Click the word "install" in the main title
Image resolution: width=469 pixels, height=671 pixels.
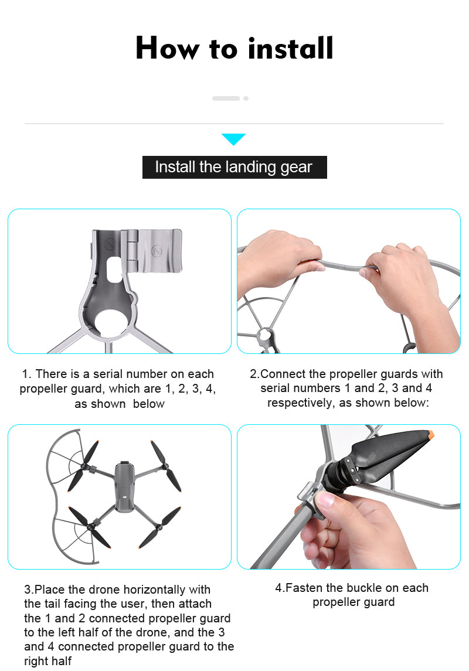click(x=290, y=48)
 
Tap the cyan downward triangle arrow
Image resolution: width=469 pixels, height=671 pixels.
click(x=233, y=139)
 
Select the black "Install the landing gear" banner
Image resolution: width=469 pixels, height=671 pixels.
click(x=235, y=167)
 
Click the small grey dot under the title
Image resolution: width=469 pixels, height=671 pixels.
click(x=246, y=98)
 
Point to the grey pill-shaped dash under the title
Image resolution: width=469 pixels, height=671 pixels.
click(x=226, y=98)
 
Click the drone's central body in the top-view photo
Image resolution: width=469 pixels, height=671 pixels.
click(x=124, y=486)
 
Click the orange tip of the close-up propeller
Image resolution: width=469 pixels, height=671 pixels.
click(x=431, y=435)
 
